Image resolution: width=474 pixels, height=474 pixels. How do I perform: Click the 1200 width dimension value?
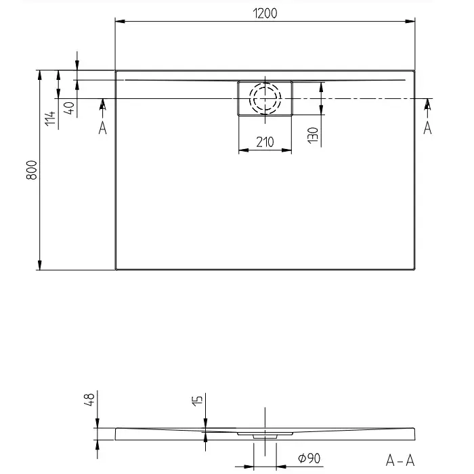[x=265, y=14]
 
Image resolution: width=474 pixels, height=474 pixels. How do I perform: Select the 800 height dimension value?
[x=32, y=170]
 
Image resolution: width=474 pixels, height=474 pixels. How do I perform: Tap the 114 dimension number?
[x=50, y=118]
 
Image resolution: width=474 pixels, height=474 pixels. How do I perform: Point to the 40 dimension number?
[x=69, y=108]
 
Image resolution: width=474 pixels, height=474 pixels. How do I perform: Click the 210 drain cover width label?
[x=265, y=142]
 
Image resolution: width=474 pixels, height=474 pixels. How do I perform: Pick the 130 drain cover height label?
[x=313, y=135]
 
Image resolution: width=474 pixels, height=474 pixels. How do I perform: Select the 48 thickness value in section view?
[x=89, y=400]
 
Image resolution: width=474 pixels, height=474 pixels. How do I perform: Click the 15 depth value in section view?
[x=197, y=401]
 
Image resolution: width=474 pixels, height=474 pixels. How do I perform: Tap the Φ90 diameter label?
[x=309, y=458]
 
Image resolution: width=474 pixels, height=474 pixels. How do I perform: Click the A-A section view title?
[x=400, y=460]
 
